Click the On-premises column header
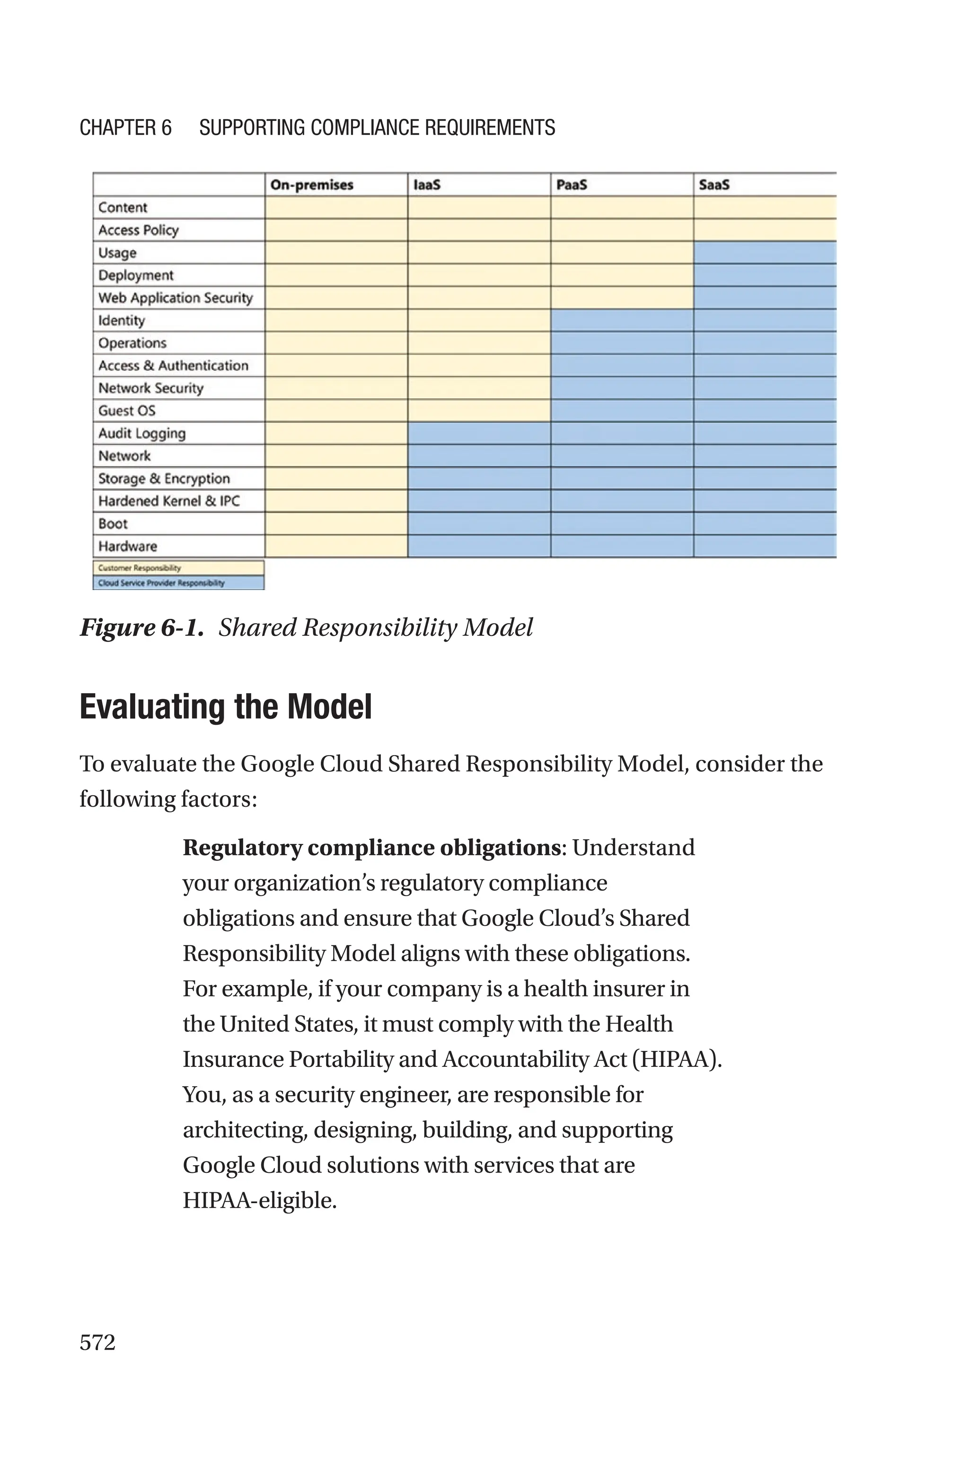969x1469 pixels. pos(312,185)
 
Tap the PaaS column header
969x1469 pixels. pos(572,185)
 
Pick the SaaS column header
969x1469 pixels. pos(714,185)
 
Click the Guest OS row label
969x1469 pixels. pos(127,411)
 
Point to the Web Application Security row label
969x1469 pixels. pos(176,298)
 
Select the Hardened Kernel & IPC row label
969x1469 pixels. pos(169,501)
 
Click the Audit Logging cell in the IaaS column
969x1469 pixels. pos(479,433)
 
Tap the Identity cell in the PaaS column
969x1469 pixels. pos(622,320)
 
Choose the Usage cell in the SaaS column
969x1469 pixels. pos(765,253)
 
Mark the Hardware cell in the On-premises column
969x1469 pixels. pos(336,546)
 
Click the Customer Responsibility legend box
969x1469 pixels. pos(178,568)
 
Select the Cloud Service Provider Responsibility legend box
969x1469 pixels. pos(178,582)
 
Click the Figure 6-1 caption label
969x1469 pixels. pos(141,628)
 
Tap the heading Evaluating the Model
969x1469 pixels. pos(226,707)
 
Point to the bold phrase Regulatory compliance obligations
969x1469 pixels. pos(371,847)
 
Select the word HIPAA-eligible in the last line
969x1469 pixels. pos(260,1200)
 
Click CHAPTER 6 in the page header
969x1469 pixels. pos(125,128)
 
